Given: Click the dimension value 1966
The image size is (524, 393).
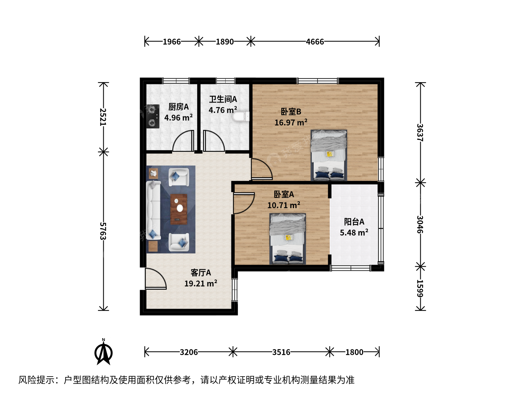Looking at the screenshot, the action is [172, 42].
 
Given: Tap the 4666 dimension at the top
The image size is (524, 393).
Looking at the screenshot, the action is [315, 42].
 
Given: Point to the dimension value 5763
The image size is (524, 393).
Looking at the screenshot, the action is [103, 231].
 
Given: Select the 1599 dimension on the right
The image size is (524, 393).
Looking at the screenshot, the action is [420, 289].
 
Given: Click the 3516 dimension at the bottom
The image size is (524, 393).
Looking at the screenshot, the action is [281, 352].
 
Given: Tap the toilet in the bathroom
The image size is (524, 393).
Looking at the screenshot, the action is [241, 117].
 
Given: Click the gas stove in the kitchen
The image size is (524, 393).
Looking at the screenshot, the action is [153, 116].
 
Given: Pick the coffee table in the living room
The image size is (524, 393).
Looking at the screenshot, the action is [179, 209].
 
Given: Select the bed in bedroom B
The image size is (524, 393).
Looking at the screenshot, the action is [329, 155].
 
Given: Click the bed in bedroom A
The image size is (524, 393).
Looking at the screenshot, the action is [288, 239].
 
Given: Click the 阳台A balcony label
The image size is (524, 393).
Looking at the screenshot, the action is [354, 222].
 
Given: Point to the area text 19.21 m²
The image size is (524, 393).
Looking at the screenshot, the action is [201, 283].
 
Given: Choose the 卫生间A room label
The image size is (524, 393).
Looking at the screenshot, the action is [223, 99].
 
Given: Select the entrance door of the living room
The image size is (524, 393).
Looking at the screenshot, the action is [155, 278].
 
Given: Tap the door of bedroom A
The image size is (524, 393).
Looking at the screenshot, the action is [244, 203].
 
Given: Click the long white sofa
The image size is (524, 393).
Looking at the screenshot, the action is [153, 210].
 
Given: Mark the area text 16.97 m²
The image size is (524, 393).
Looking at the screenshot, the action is [291, 122].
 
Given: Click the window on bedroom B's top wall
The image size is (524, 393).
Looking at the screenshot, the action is [318, 81].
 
